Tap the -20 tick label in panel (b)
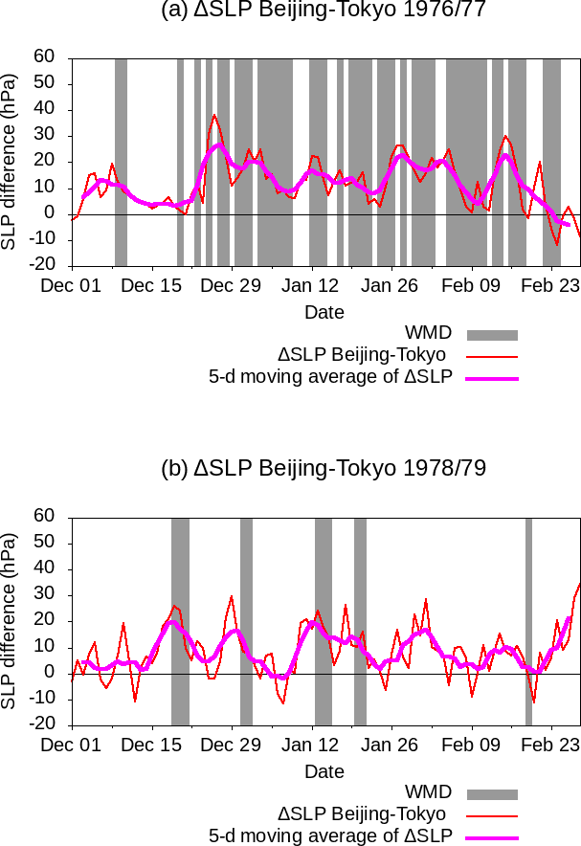(x=43, y=724)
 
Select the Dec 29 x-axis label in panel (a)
(x=232, y=285)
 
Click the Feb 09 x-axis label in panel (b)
(x=473, y=745)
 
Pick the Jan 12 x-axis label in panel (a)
(x=312, y=285)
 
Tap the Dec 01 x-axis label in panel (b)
(x=72, y=745)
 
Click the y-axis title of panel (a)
(x=11, y=161)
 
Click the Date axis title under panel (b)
(x=324, y=771)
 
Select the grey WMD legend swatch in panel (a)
(x=492, y=335)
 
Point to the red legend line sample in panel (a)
(x=492, y=356)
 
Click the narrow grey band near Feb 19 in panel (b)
(x=528, y=621)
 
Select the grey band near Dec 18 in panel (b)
(x=180, y=621)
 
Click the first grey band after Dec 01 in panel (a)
(x=121, y=162)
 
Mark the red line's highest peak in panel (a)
(x=214, y=115)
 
